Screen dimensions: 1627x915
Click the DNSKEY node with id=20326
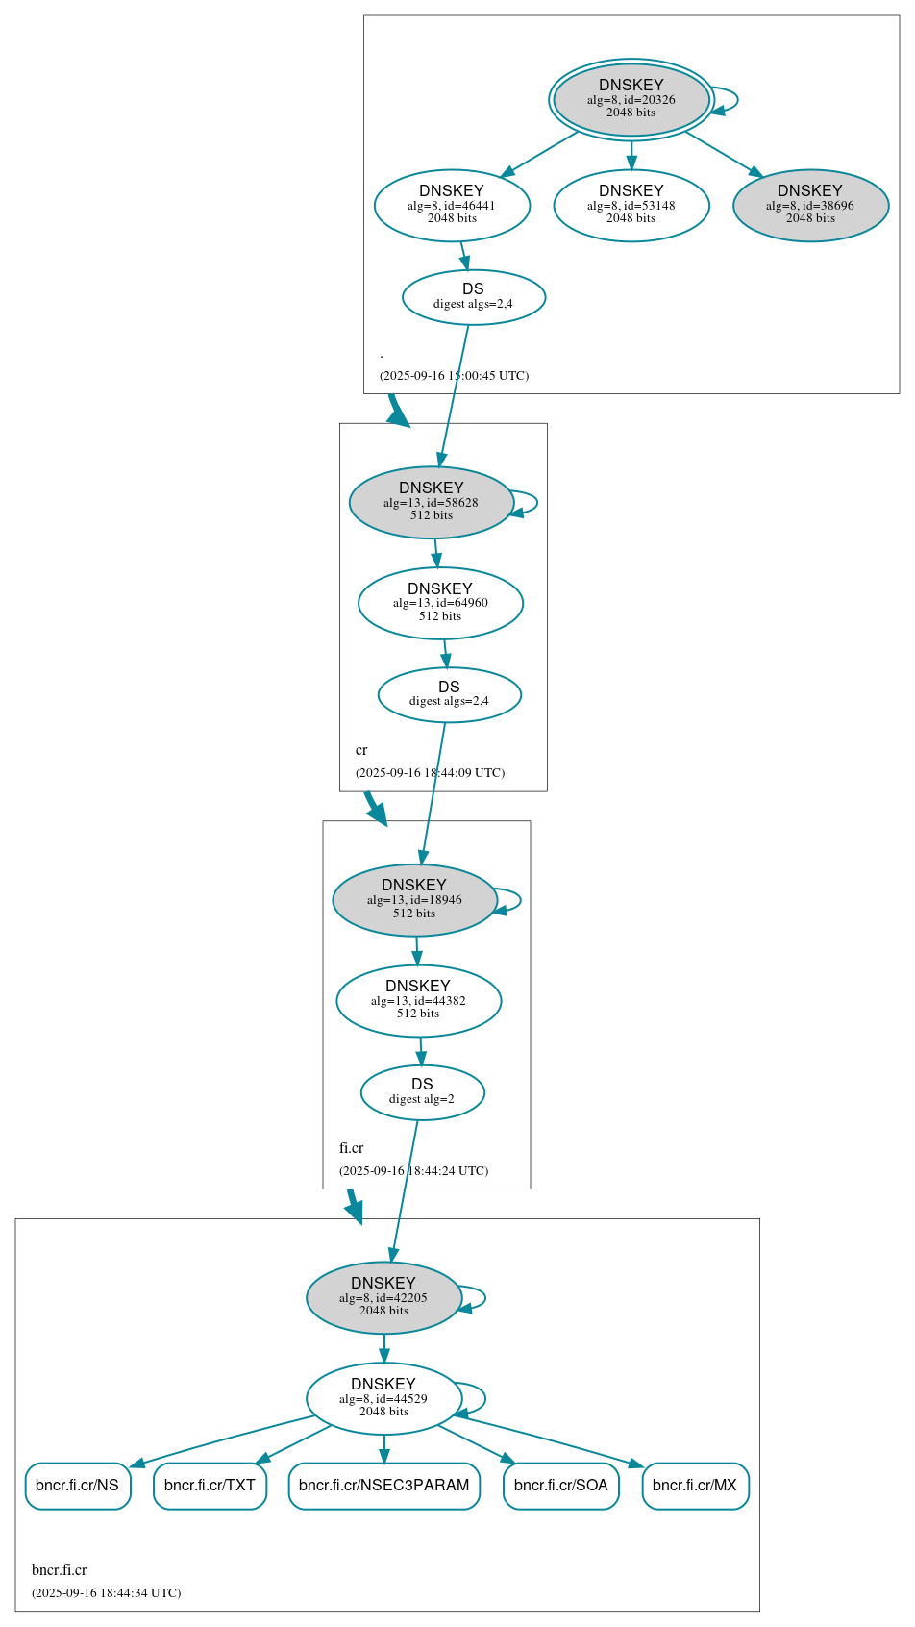click(x=631, y=99)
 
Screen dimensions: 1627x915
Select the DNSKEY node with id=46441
click(x=452, y=205)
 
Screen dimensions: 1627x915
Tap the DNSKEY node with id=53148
click(x=631, y=205)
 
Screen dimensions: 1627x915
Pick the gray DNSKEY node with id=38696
click(x=810, y=205)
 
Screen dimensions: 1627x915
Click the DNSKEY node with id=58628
click(x=431, y=502)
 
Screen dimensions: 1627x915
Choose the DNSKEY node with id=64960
click(x=440, y=603)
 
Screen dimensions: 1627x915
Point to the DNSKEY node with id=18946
click(x=414, y=900)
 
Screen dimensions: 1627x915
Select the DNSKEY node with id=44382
click(x=418, y=1000)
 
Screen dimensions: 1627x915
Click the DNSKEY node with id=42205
click(x=383, y=1297)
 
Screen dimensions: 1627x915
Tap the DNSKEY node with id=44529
click(x=383, y=1398)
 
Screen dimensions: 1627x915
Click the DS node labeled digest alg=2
click(x=422, y=1092)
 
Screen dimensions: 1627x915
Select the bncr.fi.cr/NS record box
click(x=77, y=1486)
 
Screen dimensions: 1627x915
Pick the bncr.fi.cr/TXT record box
click(x=210, y=1486)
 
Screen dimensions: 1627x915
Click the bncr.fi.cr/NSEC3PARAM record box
click(x=383, y=1486)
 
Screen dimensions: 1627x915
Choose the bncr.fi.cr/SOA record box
click(x=560, y=1486)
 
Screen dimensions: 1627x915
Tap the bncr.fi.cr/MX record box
click(x=694, y=1486)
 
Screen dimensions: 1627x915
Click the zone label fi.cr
click(x=351, y=1148)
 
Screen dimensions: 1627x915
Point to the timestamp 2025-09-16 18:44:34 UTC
click(x=106, y=1592)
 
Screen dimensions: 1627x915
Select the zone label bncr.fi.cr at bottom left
click(x=59, y=1570)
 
